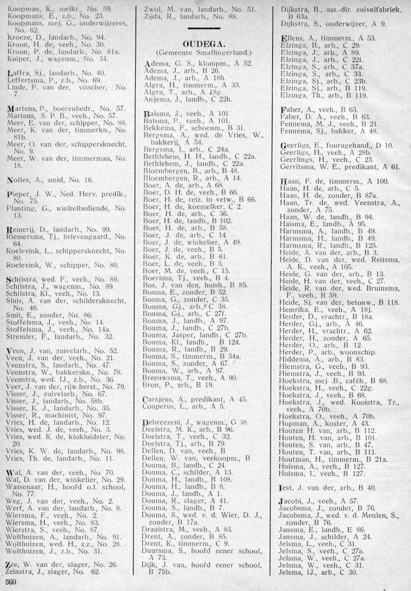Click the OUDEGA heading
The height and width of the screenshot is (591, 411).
203,44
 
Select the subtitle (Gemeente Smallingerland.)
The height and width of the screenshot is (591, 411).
203,52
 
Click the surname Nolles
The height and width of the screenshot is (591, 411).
19,179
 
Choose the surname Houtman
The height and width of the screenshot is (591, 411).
293,459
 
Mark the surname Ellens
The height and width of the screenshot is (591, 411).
290,38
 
